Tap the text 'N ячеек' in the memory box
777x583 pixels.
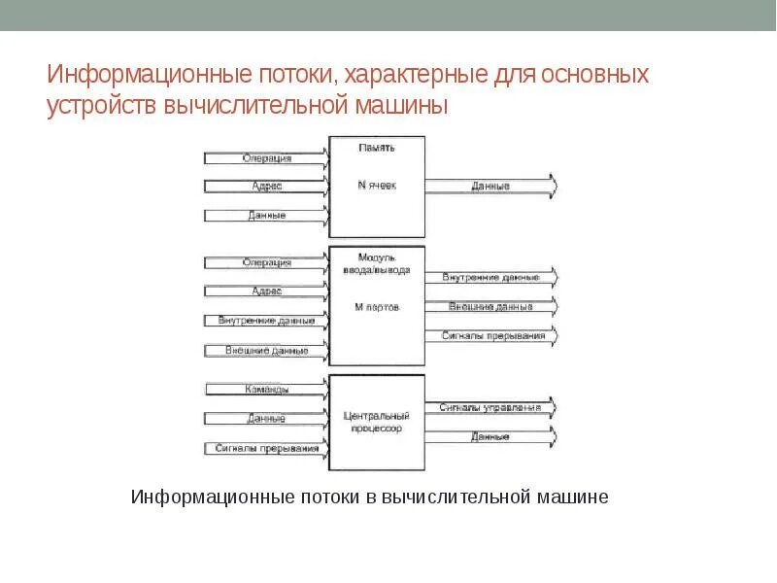(x=377, y=184)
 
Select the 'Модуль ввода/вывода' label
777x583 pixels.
(x=377, y=263)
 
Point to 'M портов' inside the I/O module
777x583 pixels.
(x=377, y=307)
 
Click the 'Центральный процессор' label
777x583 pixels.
(x=377, y=421)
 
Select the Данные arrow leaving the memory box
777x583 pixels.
(x=490, y=186)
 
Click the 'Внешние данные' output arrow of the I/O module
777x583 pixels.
(x=490, y=307)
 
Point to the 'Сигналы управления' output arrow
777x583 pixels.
(x=490, y=407)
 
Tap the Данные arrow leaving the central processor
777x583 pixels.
(x=490, y=436)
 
